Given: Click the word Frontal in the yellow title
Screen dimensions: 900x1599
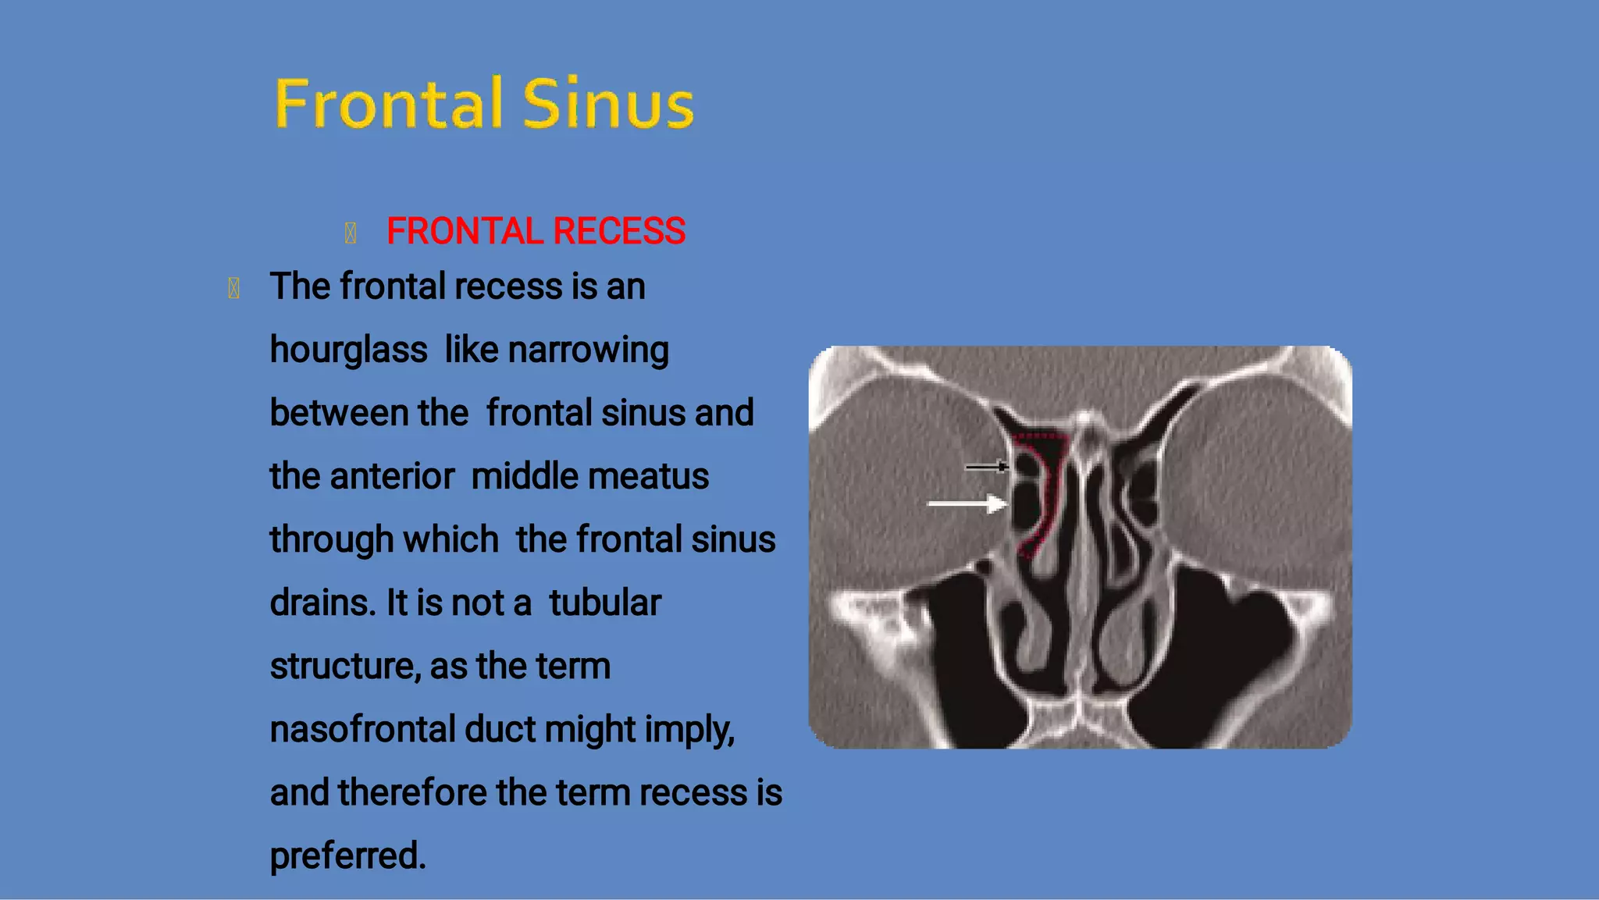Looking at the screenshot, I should pos(388,104).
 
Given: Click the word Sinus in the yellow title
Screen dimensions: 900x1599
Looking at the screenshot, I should pos(607,104).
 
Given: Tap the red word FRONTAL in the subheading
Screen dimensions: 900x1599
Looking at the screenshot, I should pos(465,231).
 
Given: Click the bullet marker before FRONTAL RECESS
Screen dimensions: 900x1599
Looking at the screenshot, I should pos(351,233).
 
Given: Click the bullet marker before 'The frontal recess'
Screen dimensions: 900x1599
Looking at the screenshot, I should pos(233,288).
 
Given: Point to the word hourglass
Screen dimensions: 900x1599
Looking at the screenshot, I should pos(348,350).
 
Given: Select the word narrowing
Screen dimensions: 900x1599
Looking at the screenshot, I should pos(588,350).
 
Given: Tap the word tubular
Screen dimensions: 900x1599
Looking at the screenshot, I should pos(604,603).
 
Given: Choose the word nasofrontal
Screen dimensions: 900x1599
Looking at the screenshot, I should pos(362,729).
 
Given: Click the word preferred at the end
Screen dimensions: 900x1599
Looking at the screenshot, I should pos(347,856).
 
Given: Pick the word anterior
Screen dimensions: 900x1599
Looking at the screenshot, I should pos(392,476).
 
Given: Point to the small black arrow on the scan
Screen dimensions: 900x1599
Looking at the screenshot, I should pos(986,467).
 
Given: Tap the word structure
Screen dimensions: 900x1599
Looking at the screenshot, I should pos(344,666).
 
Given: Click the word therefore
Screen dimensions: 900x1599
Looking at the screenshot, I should pos(412,792).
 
